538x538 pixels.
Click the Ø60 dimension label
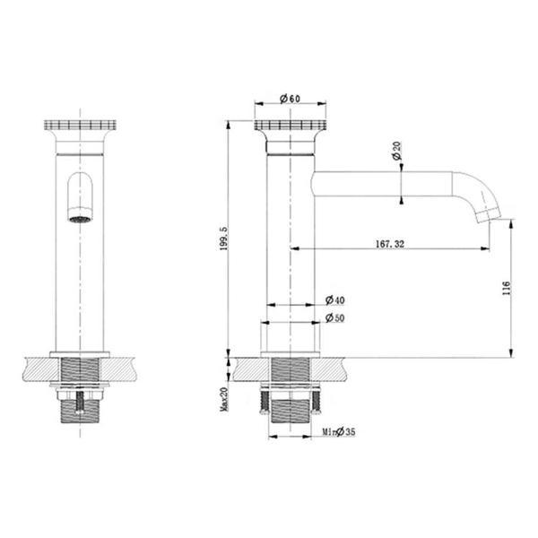[290, 99]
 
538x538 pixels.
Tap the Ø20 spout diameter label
[396, 151]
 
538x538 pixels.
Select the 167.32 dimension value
[390, 244]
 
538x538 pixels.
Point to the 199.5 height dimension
[223, 239]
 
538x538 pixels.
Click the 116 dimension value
[507, 288]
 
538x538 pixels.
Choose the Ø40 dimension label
[334, 300]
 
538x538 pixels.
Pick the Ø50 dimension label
[334, 318]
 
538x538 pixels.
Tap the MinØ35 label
[339, 431]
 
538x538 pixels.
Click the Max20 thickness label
[223, 399]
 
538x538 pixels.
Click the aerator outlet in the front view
[81, 219]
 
